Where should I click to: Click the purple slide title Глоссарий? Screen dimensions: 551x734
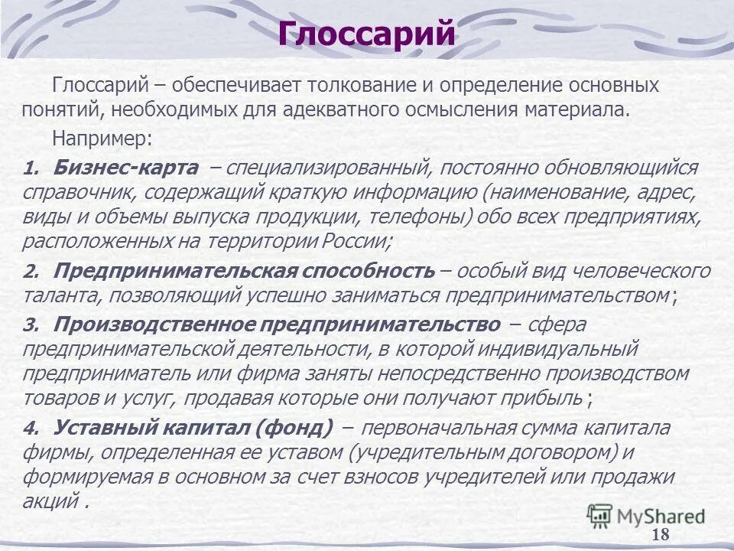[x=366, y=34]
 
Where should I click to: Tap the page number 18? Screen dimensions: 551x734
[x=661, y=534]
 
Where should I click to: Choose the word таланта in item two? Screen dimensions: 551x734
[x=54, y=295]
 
